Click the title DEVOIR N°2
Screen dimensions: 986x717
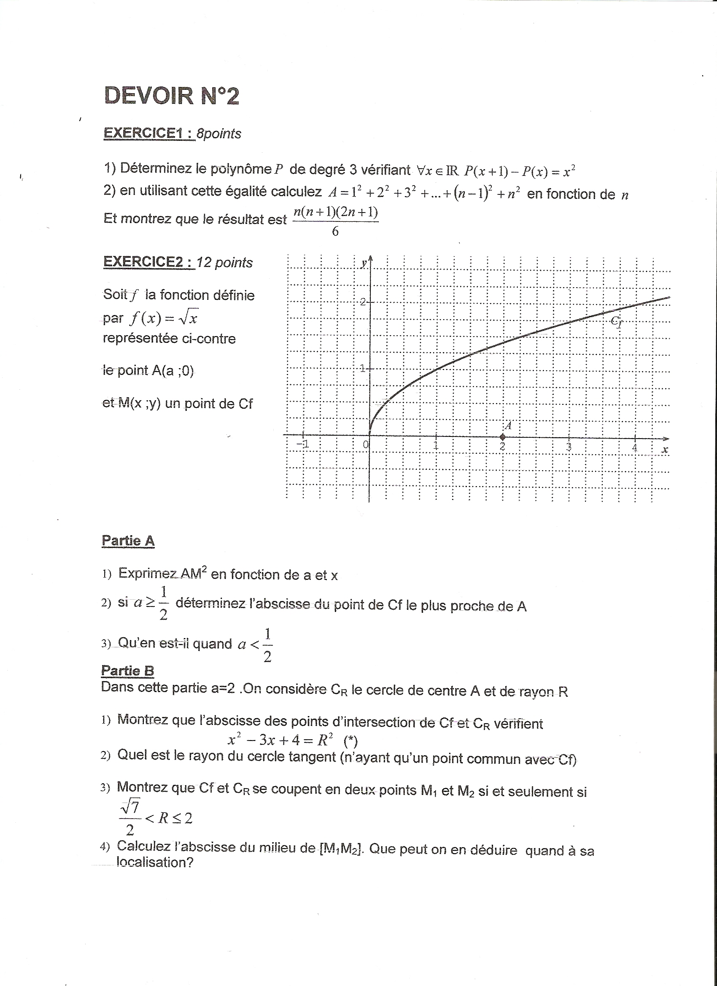click(172, 96)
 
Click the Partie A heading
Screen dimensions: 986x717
click(128, 541)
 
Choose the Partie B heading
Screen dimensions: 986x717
click(127, 671)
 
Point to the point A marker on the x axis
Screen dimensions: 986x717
click(503, 437)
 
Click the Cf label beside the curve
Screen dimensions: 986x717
click(617, 321)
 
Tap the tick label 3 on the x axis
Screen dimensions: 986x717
click(568, 446)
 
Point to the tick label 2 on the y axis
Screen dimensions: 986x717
click(363, 302)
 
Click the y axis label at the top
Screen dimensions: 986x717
click(364, 264)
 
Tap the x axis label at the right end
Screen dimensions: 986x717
click(664, 450)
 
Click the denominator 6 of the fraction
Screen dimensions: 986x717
click(335, 231)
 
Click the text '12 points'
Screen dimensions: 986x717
click(224, 262)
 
